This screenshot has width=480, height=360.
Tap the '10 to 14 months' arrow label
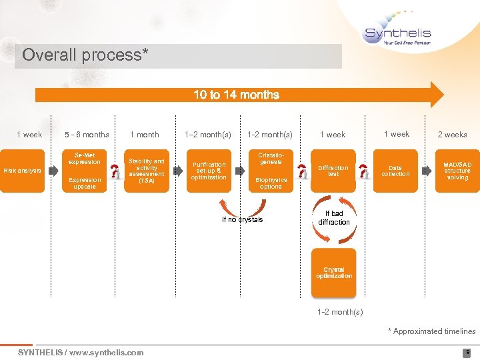pos(236,95)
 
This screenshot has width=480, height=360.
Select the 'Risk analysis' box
pos(22,171)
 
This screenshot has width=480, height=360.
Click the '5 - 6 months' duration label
pos(87,135)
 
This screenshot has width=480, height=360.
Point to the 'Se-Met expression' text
pos(84,159)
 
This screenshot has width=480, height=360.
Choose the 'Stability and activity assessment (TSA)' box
pos(146,171)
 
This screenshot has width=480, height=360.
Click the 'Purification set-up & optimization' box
pos(209,171)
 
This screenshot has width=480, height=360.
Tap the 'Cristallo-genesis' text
pos(271,158)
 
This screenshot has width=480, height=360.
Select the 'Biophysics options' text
pos(271,183)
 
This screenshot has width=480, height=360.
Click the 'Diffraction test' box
pos(333,171)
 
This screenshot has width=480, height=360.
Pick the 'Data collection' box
pos(395,171)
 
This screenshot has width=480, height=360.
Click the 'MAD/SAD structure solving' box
pos(457,171)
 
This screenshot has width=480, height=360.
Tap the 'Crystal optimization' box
pos(334,273)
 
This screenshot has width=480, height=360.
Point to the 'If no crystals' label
pos(242,219)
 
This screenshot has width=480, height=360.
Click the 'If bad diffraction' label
pos(333,218)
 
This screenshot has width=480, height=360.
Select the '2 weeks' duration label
pos(452,135)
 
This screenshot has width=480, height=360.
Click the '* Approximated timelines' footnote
pos(433,331)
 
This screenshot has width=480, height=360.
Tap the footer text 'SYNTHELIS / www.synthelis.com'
pos(80,353)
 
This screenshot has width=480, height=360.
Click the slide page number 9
pos(467,353)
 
